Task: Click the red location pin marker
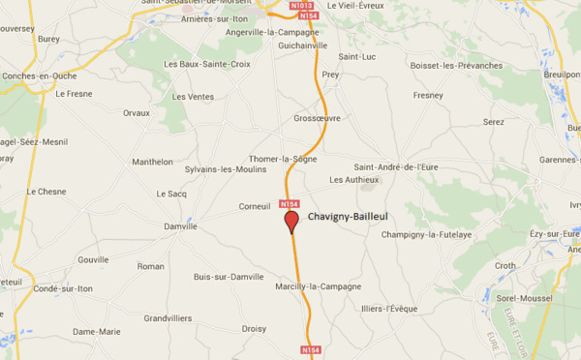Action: pyautogui.click(x=290, y=222)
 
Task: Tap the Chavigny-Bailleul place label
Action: pyautogui.click(x=348, y=217)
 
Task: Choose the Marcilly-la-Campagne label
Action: pyautogui.click(x=318, y=286)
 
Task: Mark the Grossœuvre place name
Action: pyautogui.click(x=319, y=119)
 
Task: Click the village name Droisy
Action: pyautogui.click(x=254, y=328)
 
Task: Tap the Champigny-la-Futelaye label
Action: pyautogui.click(x=426, y=235)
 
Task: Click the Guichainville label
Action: pyautogui.click(x=302, y=45)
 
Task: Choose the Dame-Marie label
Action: pyautogui.click(x=97, y=332)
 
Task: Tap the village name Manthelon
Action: pyautogui.click(x=152, y=162)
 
